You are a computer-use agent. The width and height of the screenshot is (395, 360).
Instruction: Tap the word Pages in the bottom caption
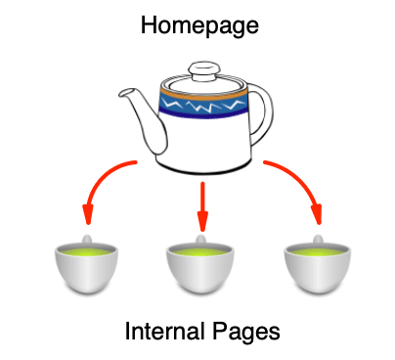pos(246,332)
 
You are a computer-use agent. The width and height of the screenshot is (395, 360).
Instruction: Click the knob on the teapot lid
pos(203,70)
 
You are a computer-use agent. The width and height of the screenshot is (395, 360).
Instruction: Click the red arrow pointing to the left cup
pos(102,181)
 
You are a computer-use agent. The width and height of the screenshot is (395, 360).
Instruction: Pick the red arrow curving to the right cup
pos(299,181)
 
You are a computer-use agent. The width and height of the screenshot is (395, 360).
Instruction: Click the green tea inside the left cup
pos(85,252)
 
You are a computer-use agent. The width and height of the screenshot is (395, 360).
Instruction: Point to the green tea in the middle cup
pos(202,252)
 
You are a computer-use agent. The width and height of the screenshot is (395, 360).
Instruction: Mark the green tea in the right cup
pos(319,252)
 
